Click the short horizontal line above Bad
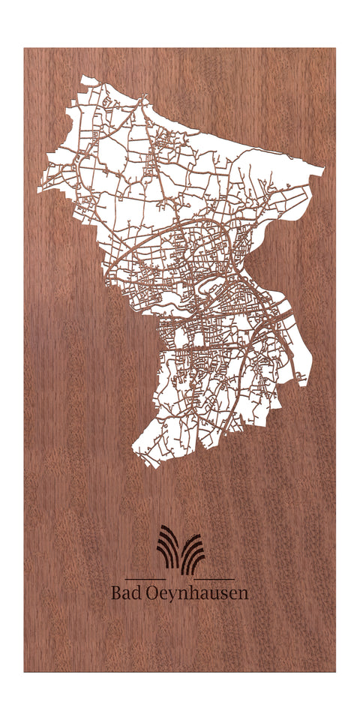click(145, 580)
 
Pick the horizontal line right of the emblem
click(216, 580)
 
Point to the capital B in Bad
click(116, 593)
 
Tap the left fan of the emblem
click(169, 547)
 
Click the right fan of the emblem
click(193, 553)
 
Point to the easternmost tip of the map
click(325, 169)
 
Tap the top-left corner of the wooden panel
click(24, 49)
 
